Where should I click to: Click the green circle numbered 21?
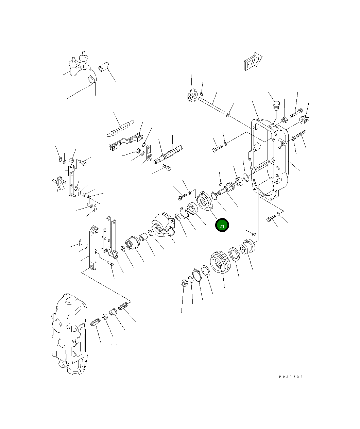click(x=222, y=225)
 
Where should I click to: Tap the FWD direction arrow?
click(x=253, y=61)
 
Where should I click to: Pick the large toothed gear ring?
click(x=220, y=262)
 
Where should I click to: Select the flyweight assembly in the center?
click(x=163, y=225)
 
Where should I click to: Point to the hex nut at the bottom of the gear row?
click(x=184, y=283)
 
